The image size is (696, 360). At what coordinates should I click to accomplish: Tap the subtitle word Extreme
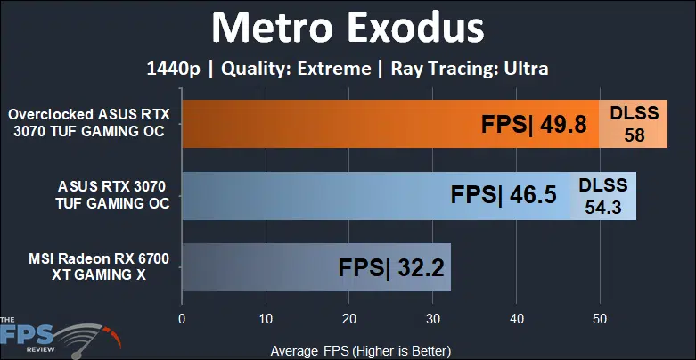334,69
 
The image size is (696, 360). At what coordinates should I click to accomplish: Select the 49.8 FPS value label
534,125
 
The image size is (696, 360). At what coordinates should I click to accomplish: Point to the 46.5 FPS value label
504,195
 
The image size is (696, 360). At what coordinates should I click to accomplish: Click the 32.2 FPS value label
391,268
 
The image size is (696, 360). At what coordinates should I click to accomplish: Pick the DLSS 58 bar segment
633,124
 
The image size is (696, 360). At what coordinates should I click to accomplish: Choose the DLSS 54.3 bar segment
603,196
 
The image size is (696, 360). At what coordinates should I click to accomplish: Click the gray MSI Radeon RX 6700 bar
316,267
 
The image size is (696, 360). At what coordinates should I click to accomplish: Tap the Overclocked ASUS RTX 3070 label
89,123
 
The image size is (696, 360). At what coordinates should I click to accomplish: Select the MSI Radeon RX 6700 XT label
99,267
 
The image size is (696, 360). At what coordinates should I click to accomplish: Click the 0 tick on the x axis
182,320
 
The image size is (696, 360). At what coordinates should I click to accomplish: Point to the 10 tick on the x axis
266,320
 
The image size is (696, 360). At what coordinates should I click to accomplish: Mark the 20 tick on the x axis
348,320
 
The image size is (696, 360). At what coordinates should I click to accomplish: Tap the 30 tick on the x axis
433,320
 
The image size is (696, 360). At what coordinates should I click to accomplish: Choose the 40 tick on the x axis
516,320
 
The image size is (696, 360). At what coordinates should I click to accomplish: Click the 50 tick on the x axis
600,320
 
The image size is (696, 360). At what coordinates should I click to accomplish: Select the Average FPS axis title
360,351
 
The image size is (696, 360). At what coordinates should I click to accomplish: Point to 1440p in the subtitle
174,70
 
